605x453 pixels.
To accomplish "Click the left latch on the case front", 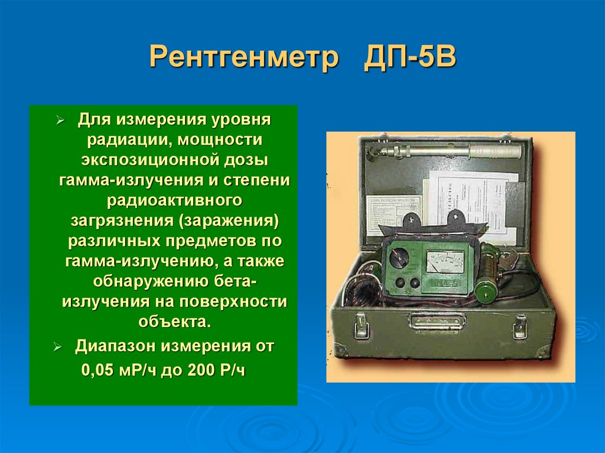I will (x=359, y=325).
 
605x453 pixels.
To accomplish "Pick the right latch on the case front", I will (x=520, y=326).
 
